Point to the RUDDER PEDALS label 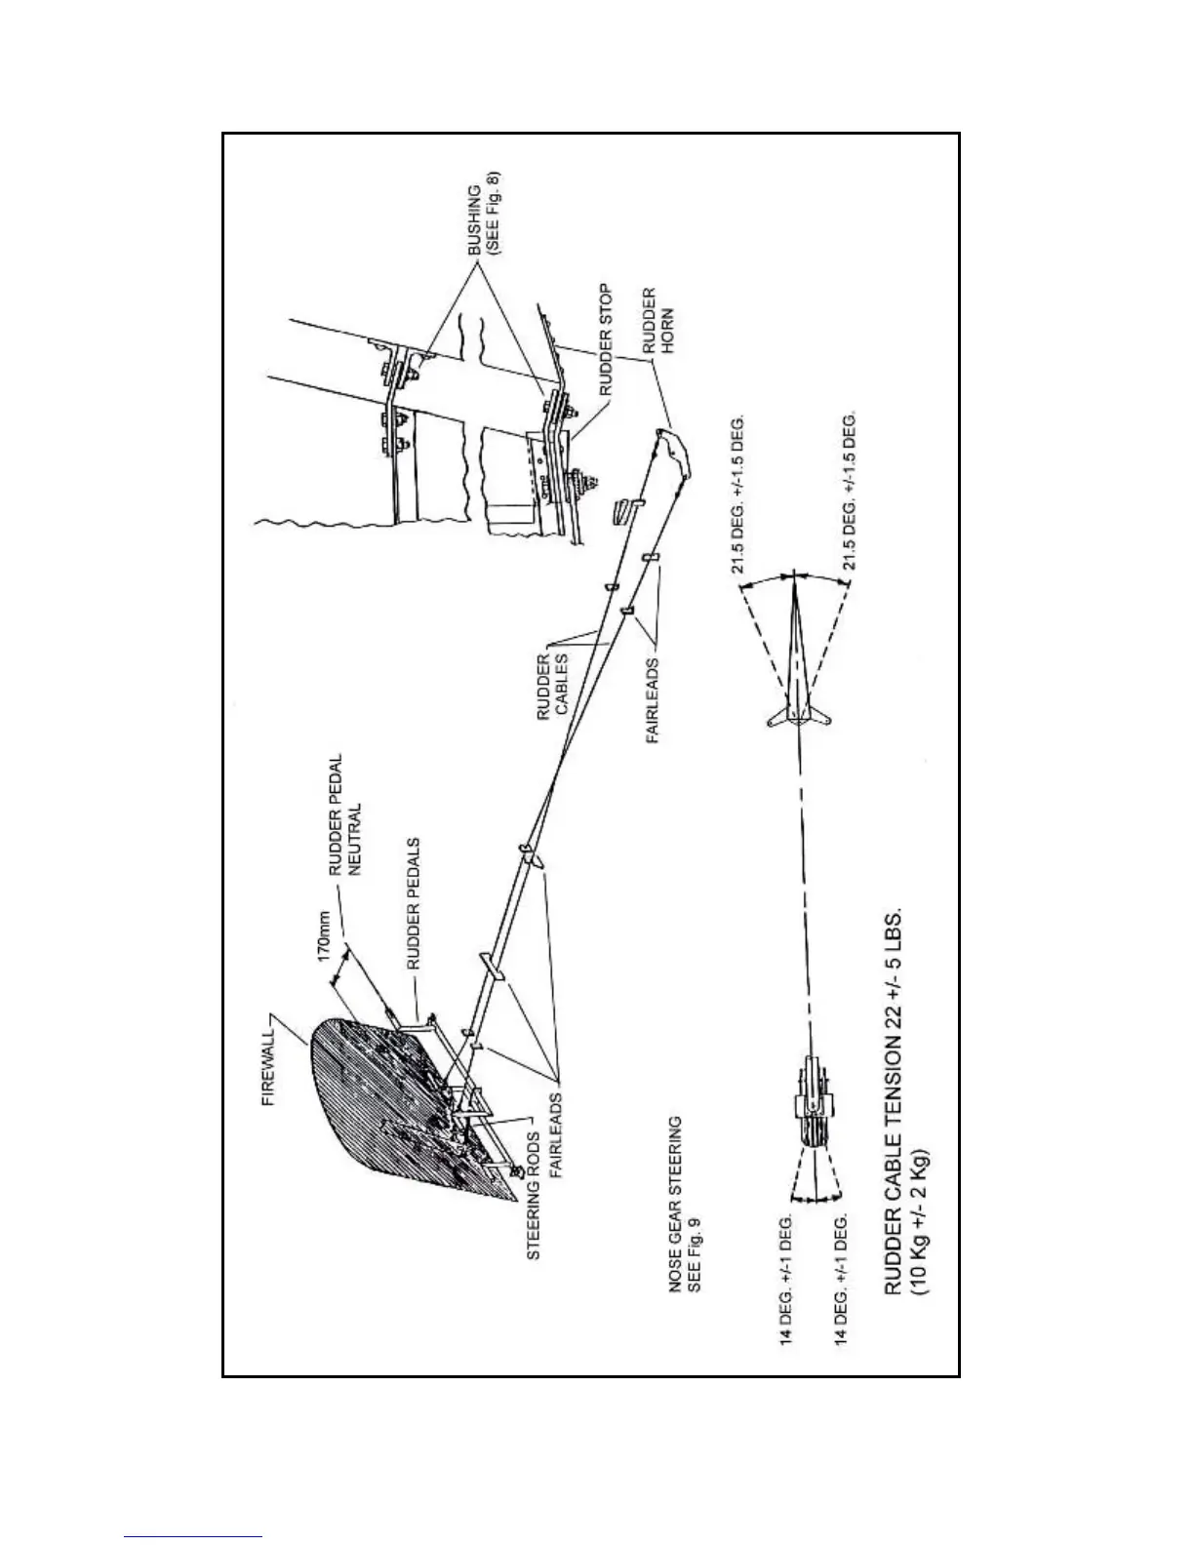click(413, 901)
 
